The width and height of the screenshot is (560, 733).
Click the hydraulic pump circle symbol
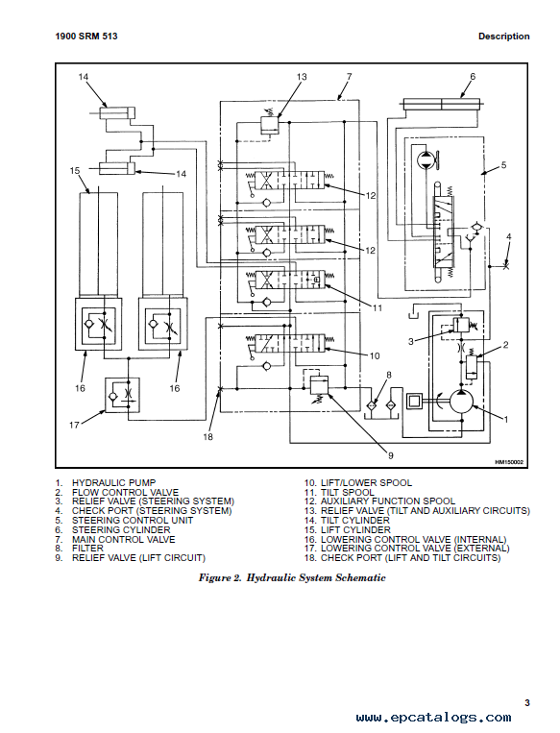tap(461, 402)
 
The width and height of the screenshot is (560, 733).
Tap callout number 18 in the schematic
tap(208, 436)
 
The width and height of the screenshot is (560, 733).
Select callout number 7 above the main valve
tap(349, 77)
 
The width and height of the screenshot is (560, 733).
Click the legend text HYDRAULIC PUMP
tap(113, 483)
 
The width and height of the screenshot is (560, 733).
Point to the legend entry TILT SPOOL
tap(347, 492)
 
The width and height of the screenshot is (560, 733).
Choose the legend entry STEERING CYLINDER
tap(121, 529)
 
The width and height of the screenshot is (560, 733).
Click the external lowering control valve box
tap(122, 396)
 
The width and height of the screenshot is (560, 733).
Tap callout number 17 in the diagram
tap(74, 425)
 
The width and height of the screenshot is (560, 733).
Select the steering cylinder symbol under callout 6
tap(442, 104)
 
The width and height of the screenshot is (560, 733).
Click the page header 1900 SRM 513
tap(86, 36)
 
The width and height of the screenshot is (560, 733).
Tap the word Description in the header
tap(504, 37)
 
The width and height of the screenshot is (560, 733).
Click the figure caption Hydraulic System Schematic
tap(316, 577)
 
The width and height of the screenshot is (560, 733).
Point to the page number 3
tap(527, 702)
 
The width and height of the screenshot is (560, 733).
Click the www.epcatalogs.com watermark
tap(433, 718)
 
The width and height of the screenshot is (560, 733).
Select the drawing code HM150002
tap(509, 462)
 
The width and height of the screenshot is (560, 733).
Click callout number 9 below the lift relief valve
tap(391, 455)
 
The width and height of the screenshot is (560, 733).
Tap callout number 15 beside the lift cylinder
tap(75, 171)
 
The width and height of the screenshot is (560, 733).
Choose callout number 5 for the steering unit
tap(503, 165)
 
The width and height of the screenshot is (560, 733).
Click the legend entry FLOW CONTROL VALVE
tap(125, 492)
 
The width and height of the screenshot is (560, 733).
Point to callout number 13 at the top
tap(302, 77)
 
